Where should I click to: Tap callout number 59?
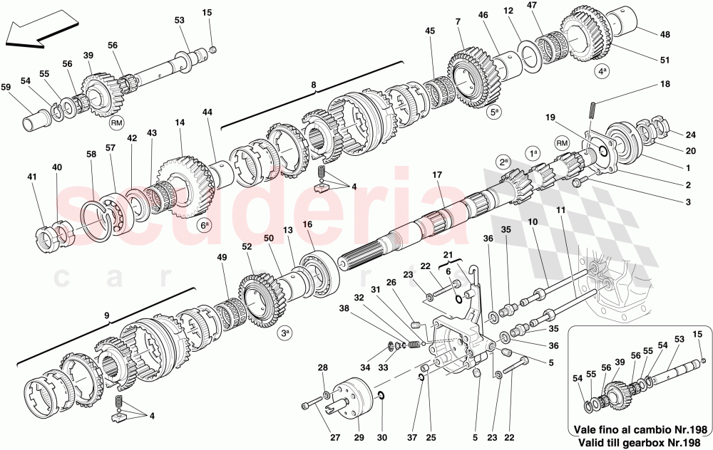click(x=6, y=88)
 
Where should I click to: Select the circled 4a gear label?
click(x=603, y=71)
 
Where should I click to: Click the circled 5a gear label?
click(x=493, y=112)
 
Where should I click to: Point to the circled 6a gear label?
click(x=205, y=226)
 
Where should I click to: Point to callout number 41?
click(x=31, y=177)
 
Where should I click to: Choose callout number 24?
click(x=689, y=135)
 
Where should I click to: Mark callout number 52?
click(x=247, y=247)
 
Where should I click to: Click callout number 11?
click(x=561, y=211)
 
